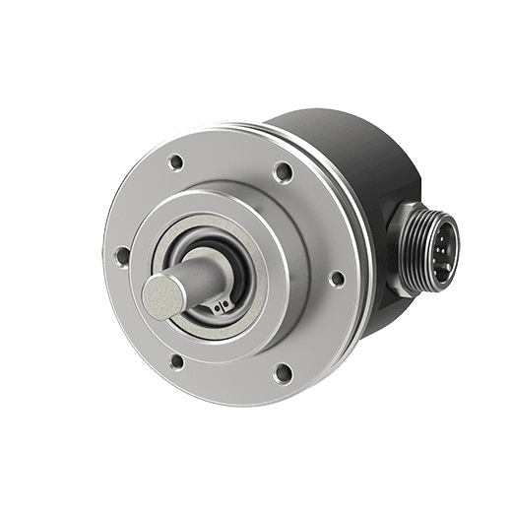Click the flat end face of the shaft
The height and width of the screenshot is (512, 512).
pyautogui.click(x=161, y=294)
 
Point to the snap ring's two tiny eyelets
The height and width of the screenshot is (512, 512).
pyautogui.click(x=219, y=306)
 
